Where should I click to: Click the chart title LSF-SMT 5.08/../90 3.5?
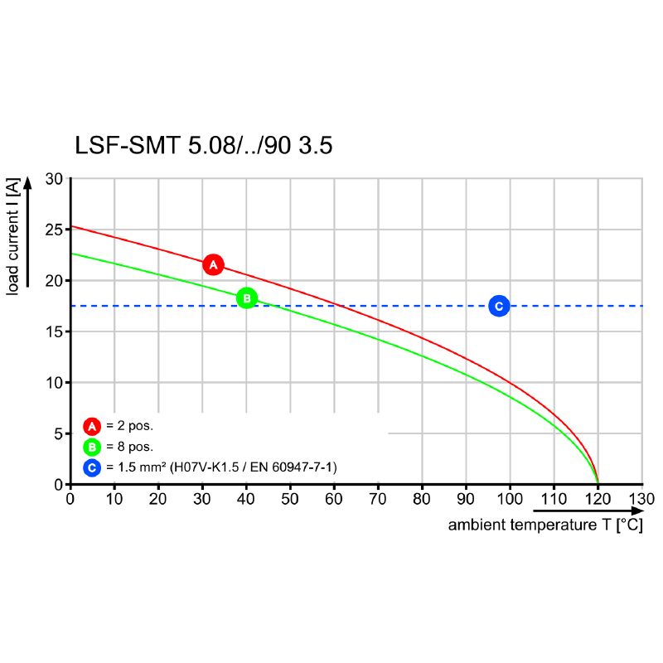coord(203,146)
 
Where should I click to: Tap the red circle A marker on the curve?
coord(213,265)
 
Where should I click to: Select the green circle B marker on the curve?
coord(246,298)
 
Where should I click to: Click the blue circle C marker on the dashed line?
coord(498,306)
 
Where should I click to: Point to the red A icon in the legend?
coord(92,427)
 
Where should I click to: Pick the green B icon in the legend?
coord(92,448)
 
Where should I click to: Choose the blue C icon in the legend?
coord(92,468)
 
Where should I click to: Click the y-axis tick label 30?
coord(54,179)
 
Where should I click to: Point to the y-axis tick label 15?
coord(54,331)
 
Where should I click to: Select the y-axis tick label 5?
coord(58,433)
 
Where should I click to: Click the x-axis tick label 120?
coord(598,499)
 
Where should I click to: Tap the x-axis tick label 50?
coord(290,499)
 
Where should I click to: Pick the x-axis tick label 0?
coord(70,499)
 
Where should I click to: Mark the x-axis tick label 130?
coord(641,499)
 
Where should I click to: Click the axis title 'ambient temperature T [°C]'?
coord(544,525)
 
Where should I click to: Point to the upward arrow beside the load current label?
coord(28,232)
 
